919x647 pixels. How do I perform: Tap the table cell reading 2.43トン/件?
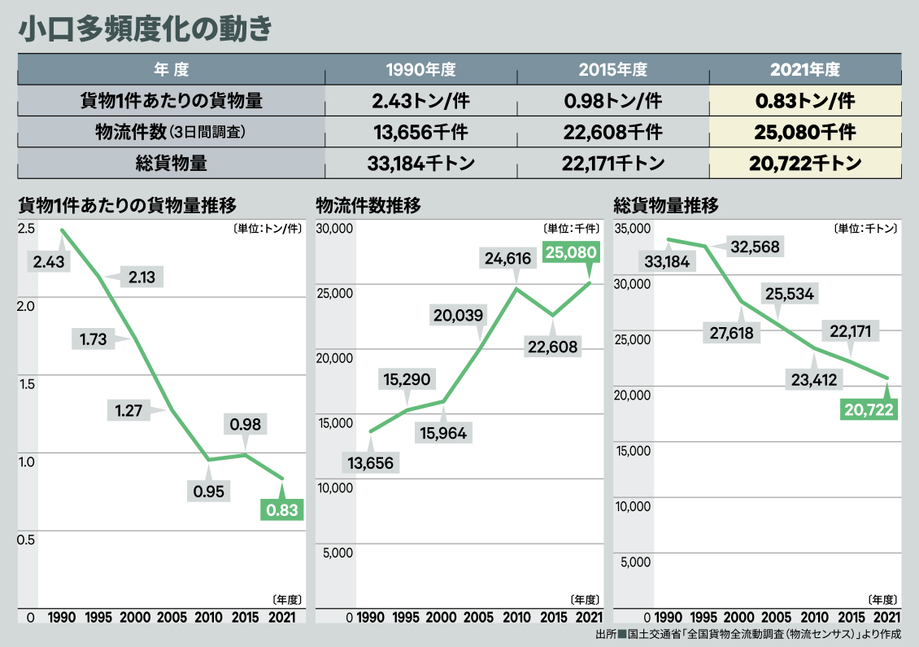click(x=420, y=101)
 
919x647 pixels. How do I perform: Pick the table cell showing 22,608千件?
click(x=612, y=132)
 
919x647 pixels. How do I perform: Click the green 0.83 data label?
click(x=281, y=510)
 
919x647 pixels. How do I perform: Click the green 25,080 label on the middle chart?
click(x=572, y=253)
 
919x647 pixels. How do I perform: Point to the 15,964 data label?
click(x=442, y=433)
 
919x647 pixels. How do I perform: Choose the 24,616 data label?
click(x=507, y=260)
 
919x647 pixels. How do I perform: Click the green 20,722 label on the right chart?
click(x=869, y=409)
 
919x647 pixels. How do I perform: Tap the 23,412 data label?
click(x=812, y=378)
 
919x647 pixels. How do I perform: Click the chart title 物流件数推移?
click(x=368, y=204)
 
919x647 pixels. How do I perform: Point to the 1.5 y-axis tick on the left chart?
click(x=27, y=383)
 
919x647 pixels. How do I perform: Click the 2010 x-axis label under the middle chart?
click(x=516, y=618)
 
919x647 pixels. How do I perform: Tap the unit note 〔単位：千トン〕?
click(x=865, y=229)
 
